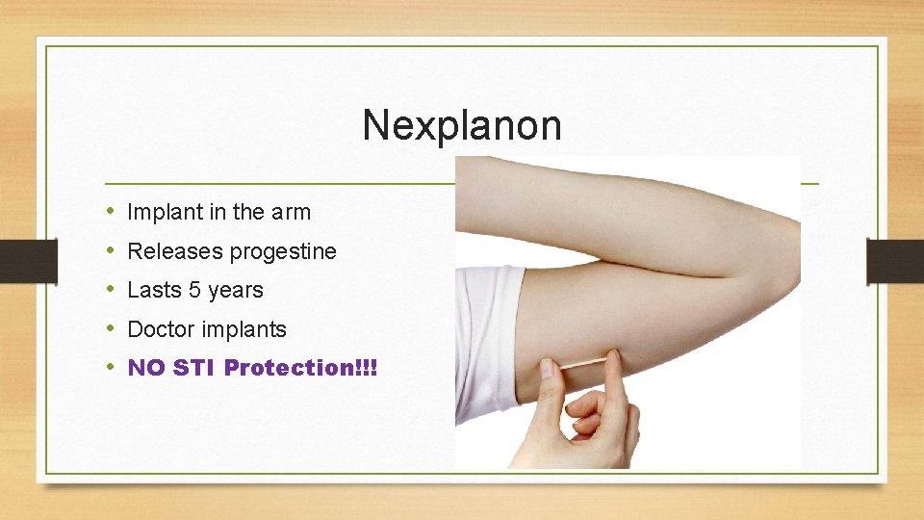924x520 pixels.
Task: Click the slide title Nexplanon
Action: (461, 125)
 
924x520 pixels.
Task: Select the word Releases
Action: (175, 251)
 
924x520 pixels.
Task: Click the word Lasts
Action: (154, 290)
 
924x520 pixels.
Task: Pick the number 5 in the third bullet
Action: (194, 290)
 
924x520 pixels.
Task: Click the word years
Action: (236, 291)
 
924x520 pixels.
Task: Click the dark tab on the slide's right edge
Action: (894, 260)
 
